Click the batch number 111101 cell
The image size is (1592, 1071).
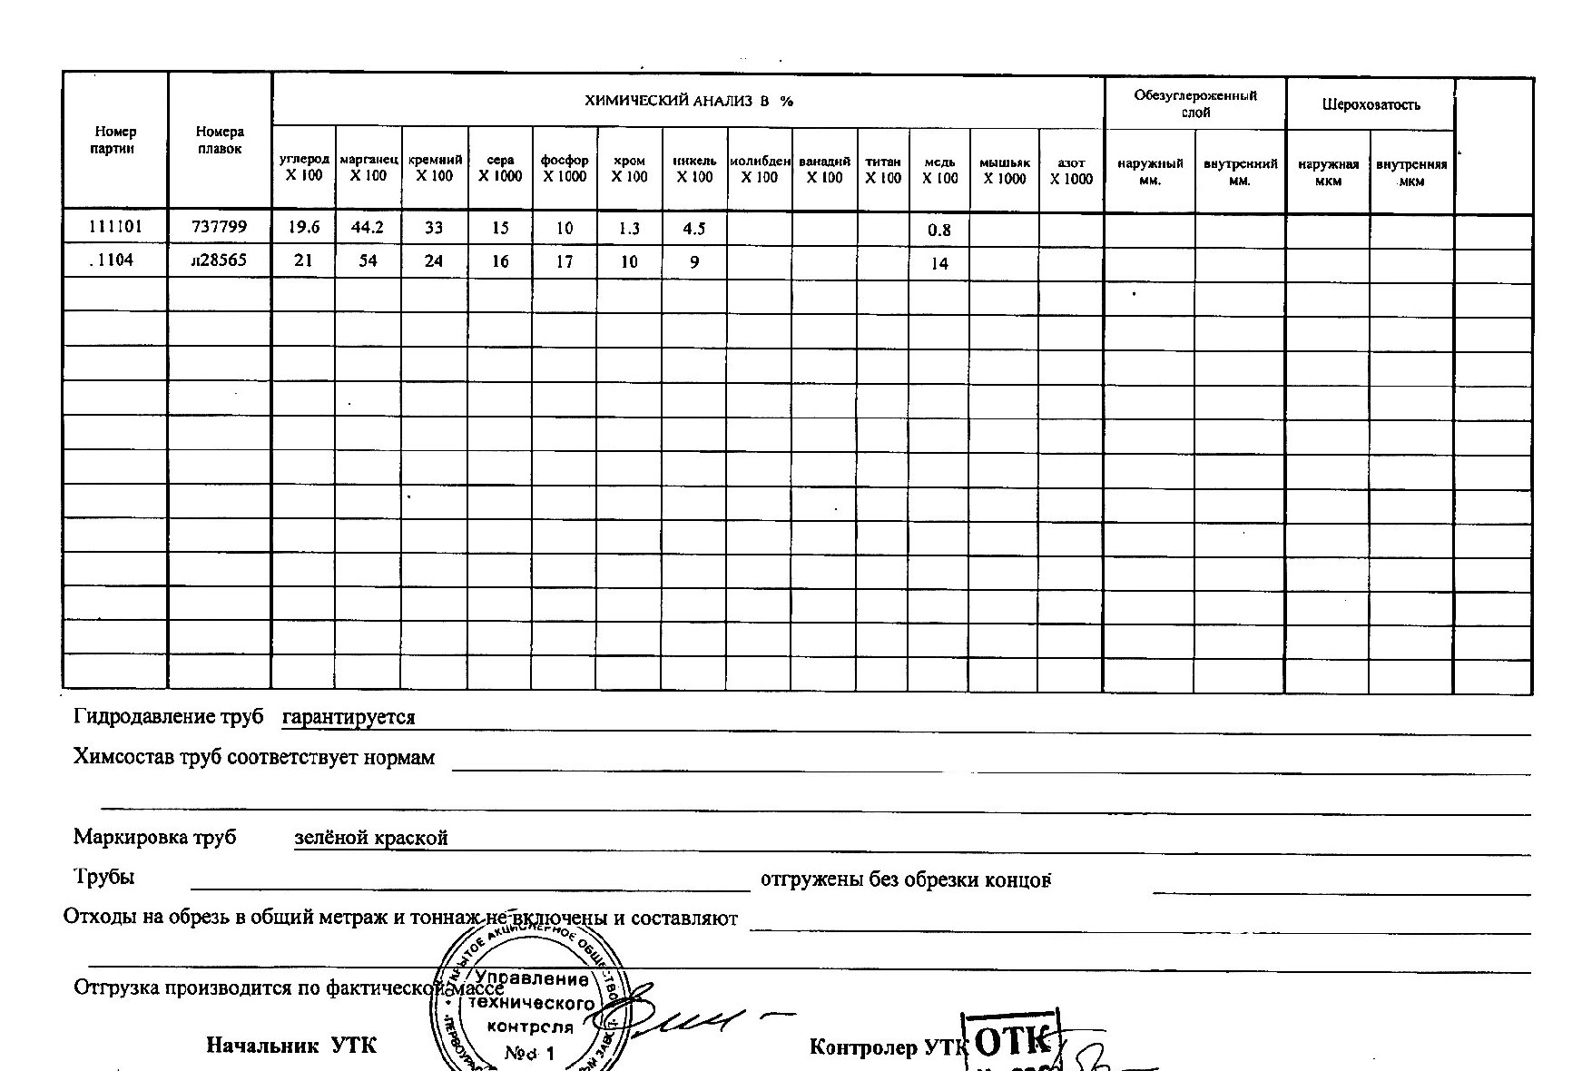[x=114, y=226]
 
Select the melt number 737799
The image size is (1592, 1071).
[x=219, y=226]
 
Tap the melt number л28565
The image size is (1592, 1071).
[x=219, y=260]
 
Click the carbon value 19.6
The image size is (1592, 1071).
[x=303, y=227]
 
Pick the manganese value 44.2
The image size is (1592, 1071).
[x=368, y=227]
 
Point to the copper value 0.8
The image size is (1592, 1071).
[x=939, y=230]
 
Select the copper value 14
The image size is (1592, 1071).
[x=939, y=264]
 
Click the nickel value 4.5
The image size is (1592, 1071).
[x=694, y=228]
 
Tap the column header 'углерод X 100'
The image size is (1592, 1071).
[x=303, y=168]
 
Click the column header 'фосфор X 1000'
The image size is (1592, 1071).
[x=565, y=169]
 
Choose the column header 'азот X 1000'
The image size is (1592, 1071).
[x=1072, y=171]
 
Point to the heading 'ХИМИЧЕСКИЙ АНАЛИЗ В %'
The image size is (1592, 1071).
[x=688, y=101]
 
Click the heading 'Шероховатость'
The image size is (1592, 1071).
[x=1371, y=104]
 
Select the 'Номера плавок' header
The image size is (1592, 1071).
[x=220, y=141]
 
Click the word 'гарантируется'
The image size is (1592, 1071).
[x=349, y=717]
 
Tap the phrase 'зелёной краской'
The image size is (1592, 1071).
[x=371, y=838]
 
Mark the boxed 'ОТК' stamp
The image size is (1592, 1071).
[x=1015, y=1042]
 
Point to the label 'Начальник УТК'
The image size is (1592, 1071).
[x=291, y=1046]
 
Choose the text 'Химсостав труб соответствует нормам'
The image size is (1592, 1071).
[x=254, y=757]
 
